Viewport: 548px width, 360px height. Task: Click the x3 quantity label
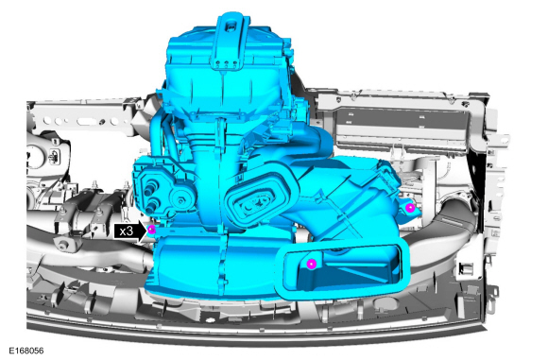pyautogui.click(x=127, y=231)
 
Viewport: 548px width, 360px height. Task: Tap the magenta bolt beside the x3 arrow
pyautogui.click(x=151, y=230)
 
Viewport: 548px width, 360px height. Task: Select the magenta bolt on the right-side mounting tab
pyautogui.click(x=410, y=208)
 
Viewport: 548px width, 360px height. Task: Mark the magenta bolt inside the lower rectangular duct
pyautogui.click(x=311, y=264)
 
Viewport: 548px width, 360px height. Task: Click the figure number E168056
pyautogui.click(x=26, y=351)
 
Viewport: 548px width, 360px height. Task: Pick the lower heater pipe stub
pyautogui.click(x=152, y=207)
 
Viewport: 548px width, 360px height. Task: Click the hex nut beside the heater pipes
pyautogui.click(x=180, y=200)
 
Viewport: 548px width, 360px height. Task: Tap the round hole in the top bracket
pyautogui.click(x=230, y=26)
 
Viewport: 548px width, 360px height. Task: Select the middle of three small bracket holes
pyautogui.click(x=226, y=63)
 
